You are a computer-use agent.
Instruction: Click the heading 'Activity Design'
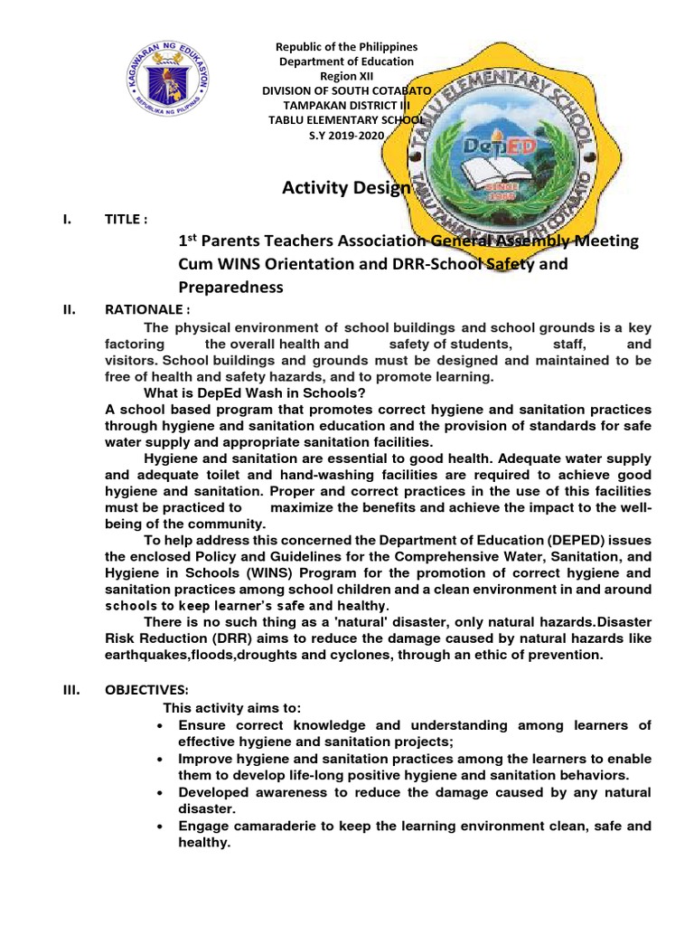pyautogui.click(x=347, y=187)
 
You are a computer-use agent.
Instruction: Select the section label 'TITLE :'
pyautogui.click(x=127, y=220)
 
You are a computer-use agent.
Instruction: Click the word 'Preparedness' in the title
pyautogui.click(x=230, y=288)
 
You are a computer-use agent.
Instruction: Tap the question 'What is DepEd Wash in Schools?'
pyautogui.click(x=255, y=392)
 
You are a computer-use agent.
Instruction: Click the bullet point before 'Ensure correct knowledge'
pyautogui.click(x=160, y=727)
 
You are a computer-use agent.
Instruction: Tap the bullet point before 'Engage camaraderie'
pyautogui.click(x=160, y=827)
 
